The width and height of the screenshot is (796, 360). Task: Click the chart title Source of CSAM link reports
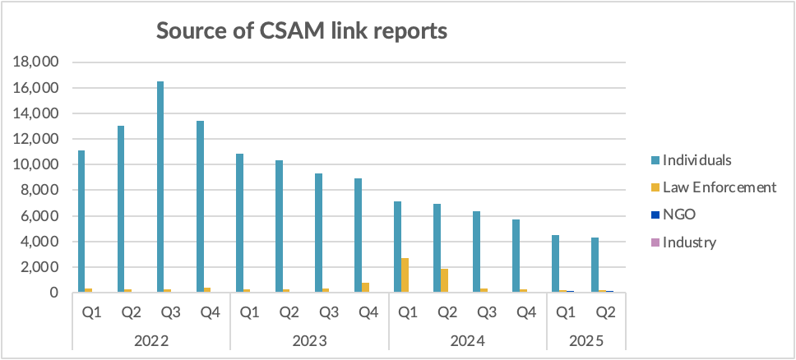pyautogui.click(x=302, y=31)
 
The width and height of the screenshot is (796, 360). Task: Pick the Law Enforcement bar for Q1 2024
pyautogui.click(x=405, y=275)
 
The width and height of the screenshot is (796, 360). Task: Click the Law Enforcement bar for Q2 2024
pyautogui.click(x=445, y=280)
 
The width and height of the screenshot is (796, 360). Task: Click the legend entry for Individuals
pyautogui.click(x=697, y=159)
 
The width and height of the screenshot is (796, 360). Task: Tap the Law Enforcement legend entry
pyautogui.click(x=720, y=187)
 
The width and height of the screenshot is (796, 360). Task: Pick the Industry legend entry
pyautogui.click(x=689, y=242)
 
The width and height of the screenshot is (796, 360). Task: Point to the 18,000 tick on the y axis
pyautogui.click(x=38, y=62)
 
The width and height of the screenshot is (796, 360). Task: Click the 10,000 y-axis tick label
pyautogui.click(x=38, y=165)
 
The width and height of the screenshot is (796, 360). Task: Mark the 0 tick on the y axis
pyautogui.click(x=53, y=293)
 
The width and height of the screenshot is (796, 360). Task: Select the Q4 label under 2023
pyautogui.click(x=368, y=313)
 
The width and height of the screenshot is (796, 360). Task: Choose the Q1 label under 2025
pyautogui.click(x=565, y=313)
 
